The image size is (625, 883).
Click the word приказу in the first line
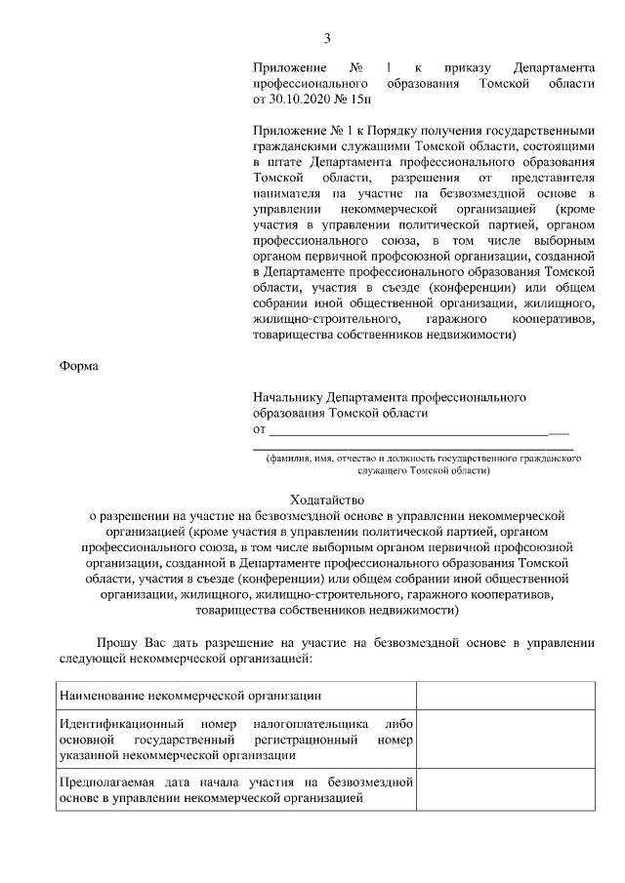(467, 67)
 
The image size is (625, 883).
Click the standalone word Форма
(77, 366)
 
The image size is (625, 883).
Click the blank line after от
(410, 428)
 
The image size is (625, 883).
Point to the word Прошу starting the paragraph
(114, 643)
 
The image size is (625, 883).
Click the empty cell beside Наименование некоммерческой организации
(506, 696)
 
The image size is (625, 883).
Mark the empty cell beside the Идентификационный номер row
(506, 740)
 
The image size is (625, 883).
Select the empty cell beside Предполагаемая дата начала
(506, 790)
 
